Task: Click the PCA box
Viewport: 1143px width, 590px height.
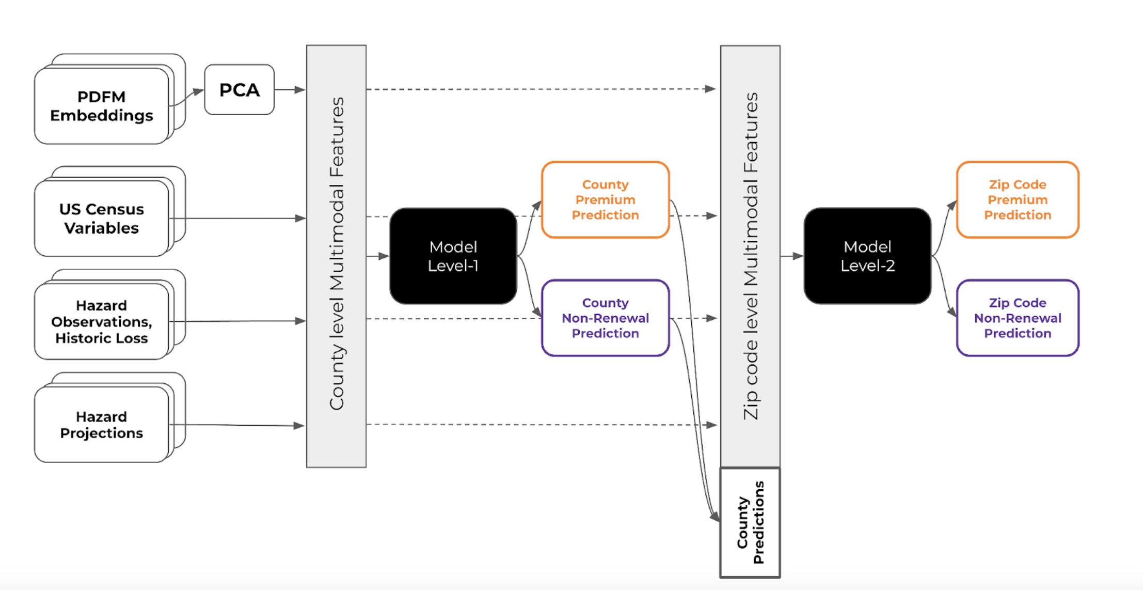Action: pos(239,89)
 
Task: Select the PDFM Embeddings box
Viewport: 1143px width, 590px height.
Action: pos(102,106)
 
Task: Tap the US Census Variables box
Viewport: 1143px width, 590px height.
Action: pos(102,218)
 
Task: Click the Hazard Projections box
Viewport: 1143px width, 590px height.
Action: pos(102,424)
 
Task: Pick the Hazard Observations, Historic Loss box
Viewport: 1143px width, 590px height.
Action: pos(102,321)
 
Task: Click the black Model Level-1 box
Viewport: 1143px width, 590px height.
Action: pos(453,256)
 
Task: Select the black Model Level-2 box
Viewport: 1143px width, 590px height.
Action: pos(867,256)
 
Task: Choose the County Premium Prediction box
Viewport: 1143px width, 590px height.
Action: pos(605,199)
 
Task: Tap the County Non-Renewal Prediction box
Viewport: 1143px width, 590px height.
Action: pos(605,318)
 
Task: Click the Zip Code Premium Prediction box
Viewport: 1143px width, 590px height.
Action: pos(1018,199)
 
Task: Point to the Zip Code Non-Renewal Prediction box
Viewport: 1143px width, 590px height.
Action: pos(1018,318)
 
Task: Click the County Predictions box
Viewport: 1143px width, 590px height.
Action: pos(750,522)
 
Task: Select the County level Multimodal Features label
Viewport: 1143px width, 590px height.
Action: pos(337,254)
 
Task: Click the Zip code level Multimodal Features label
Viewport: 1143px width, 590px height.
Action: pos(751,256)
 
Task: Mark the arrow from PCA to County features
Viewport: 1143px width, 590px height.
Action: pos(290,89)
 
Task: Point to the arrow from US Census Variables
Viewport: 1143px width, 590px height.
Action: pos(237,218)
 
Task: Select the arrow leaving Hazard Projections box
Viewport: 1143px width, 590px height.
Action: pos(237,425)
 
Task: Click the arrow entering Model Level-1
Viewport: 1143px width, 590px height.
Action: pos(378,256)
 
